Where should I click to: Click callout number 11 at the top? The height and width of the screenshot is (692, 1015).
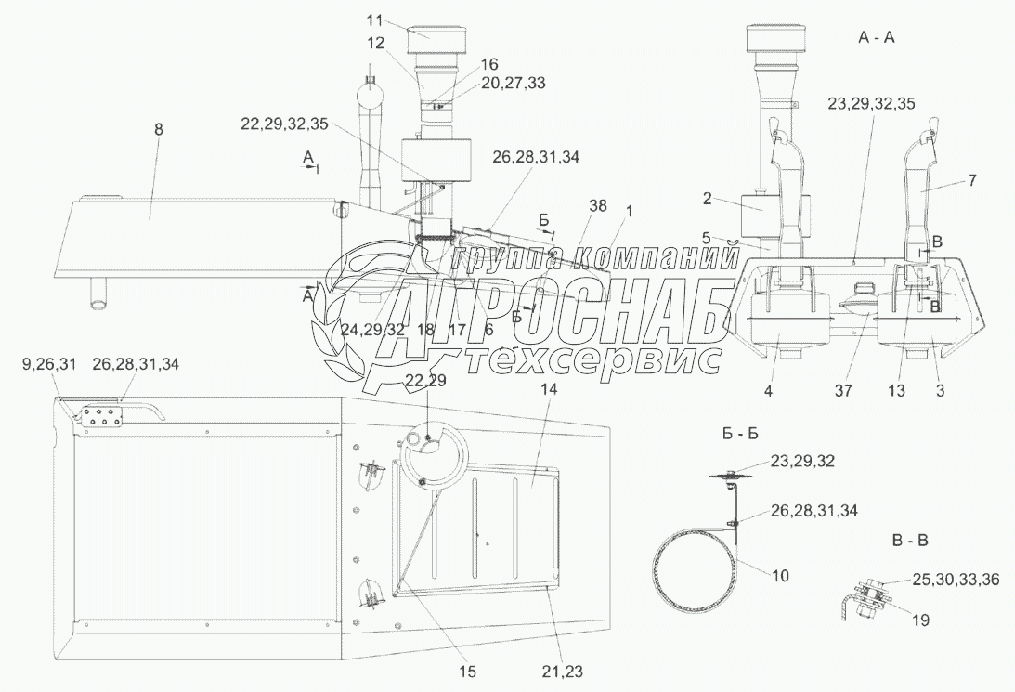[373, 20]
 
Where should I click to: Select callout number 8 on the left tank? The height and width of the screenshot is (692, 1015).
[159, 129]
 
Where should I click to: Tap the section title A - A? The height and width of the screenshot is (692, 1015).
[877, 37]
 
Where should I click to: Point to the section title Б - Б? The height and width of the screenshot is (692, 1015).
[740, 434]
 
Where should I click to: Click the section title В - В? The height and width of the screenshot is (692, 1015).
[910, 541]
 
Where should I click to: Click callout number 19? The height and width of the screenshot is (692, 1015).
[920, 620]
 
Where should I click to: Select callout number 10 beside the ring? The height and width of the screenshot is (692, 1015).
[781, 575]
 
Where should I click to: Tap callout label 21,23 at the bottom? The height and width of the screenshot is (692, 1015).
[562, 672]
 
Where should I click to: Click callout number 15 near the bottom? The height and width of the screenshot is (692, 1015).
[467, 672]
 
